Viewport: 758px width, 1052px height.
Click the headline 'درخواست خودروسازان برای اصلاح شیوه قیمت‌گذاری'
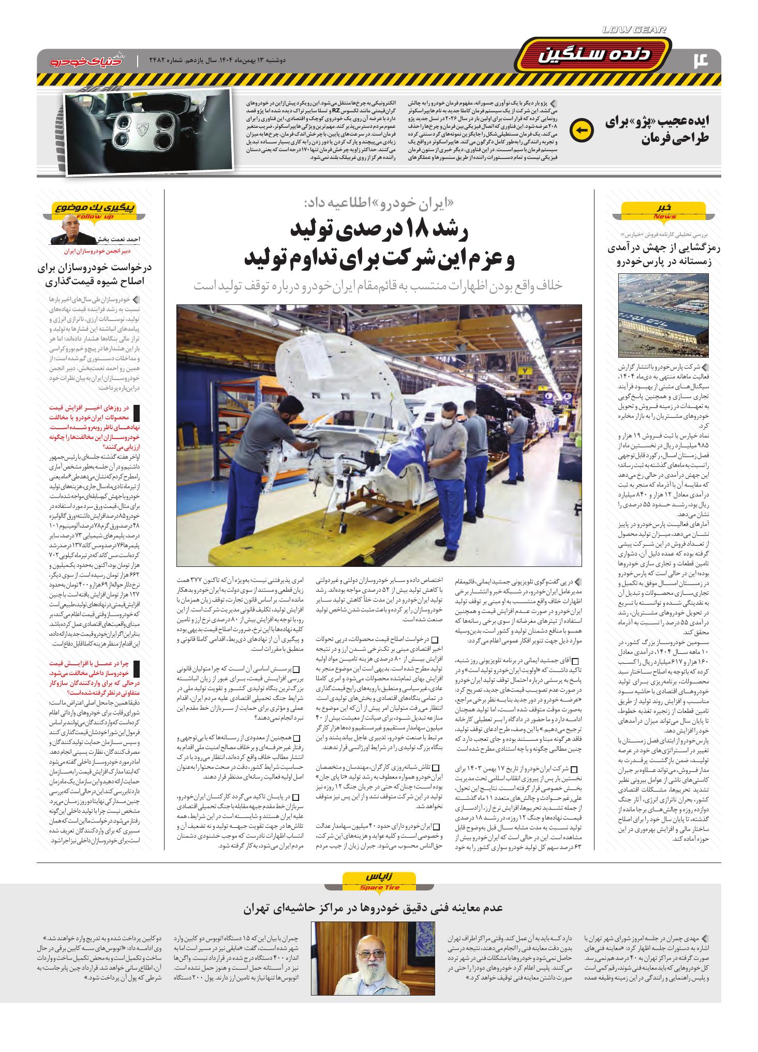click(93, 274)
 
